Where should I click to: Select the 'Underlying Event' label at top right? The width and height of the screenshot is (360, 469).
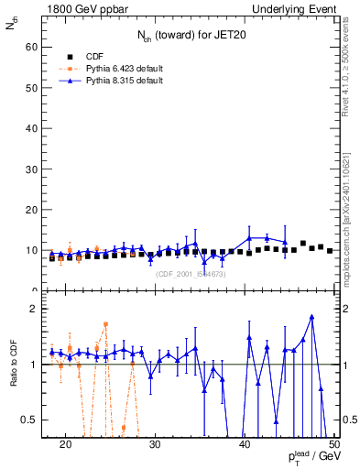point(293,8)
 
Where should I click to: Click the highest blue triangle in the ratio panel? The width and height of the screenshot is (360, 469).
point(312,317)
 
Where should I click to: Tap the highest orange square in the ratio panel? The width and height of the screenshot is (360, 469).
point(106,324)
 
